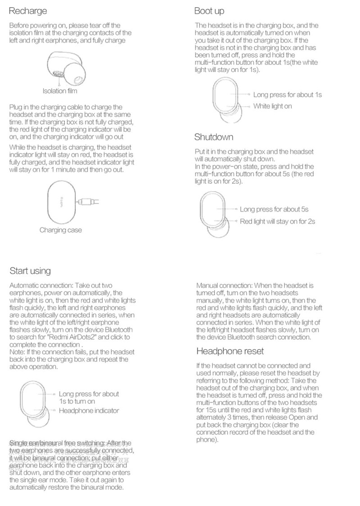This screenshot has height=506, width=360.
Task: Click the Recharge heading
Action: tap(28, 11)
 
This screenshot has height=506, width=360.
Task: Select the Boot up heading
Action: tap(209, 11)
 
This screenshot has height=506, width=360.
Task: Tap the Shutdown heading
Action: tap(214, 137)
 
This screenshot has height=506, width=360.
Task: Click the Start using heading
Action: tap(30, 271)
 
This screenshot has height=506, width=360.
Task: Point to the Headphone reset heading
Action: tap(230, 351)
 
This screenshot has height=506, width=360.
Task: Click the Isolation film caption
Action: tap(60, 91)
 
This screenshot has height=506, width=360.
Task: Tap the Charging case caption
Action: tap(61, 230)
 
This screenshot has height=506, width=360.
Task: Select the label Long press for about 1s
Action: tap(288, 95)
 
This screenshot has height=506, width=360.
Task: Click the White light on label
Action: tap(273, 106)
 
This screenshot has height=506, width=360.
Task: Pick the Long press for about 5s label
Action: tap(274, 209)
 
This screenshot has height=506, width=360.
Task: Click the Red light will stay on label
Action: tap(277, 221)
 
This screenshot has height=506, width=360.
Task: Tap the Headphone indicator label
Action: tap(89, 411)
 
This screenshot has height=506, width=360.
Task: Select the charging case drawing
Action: tap(60, 202)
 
